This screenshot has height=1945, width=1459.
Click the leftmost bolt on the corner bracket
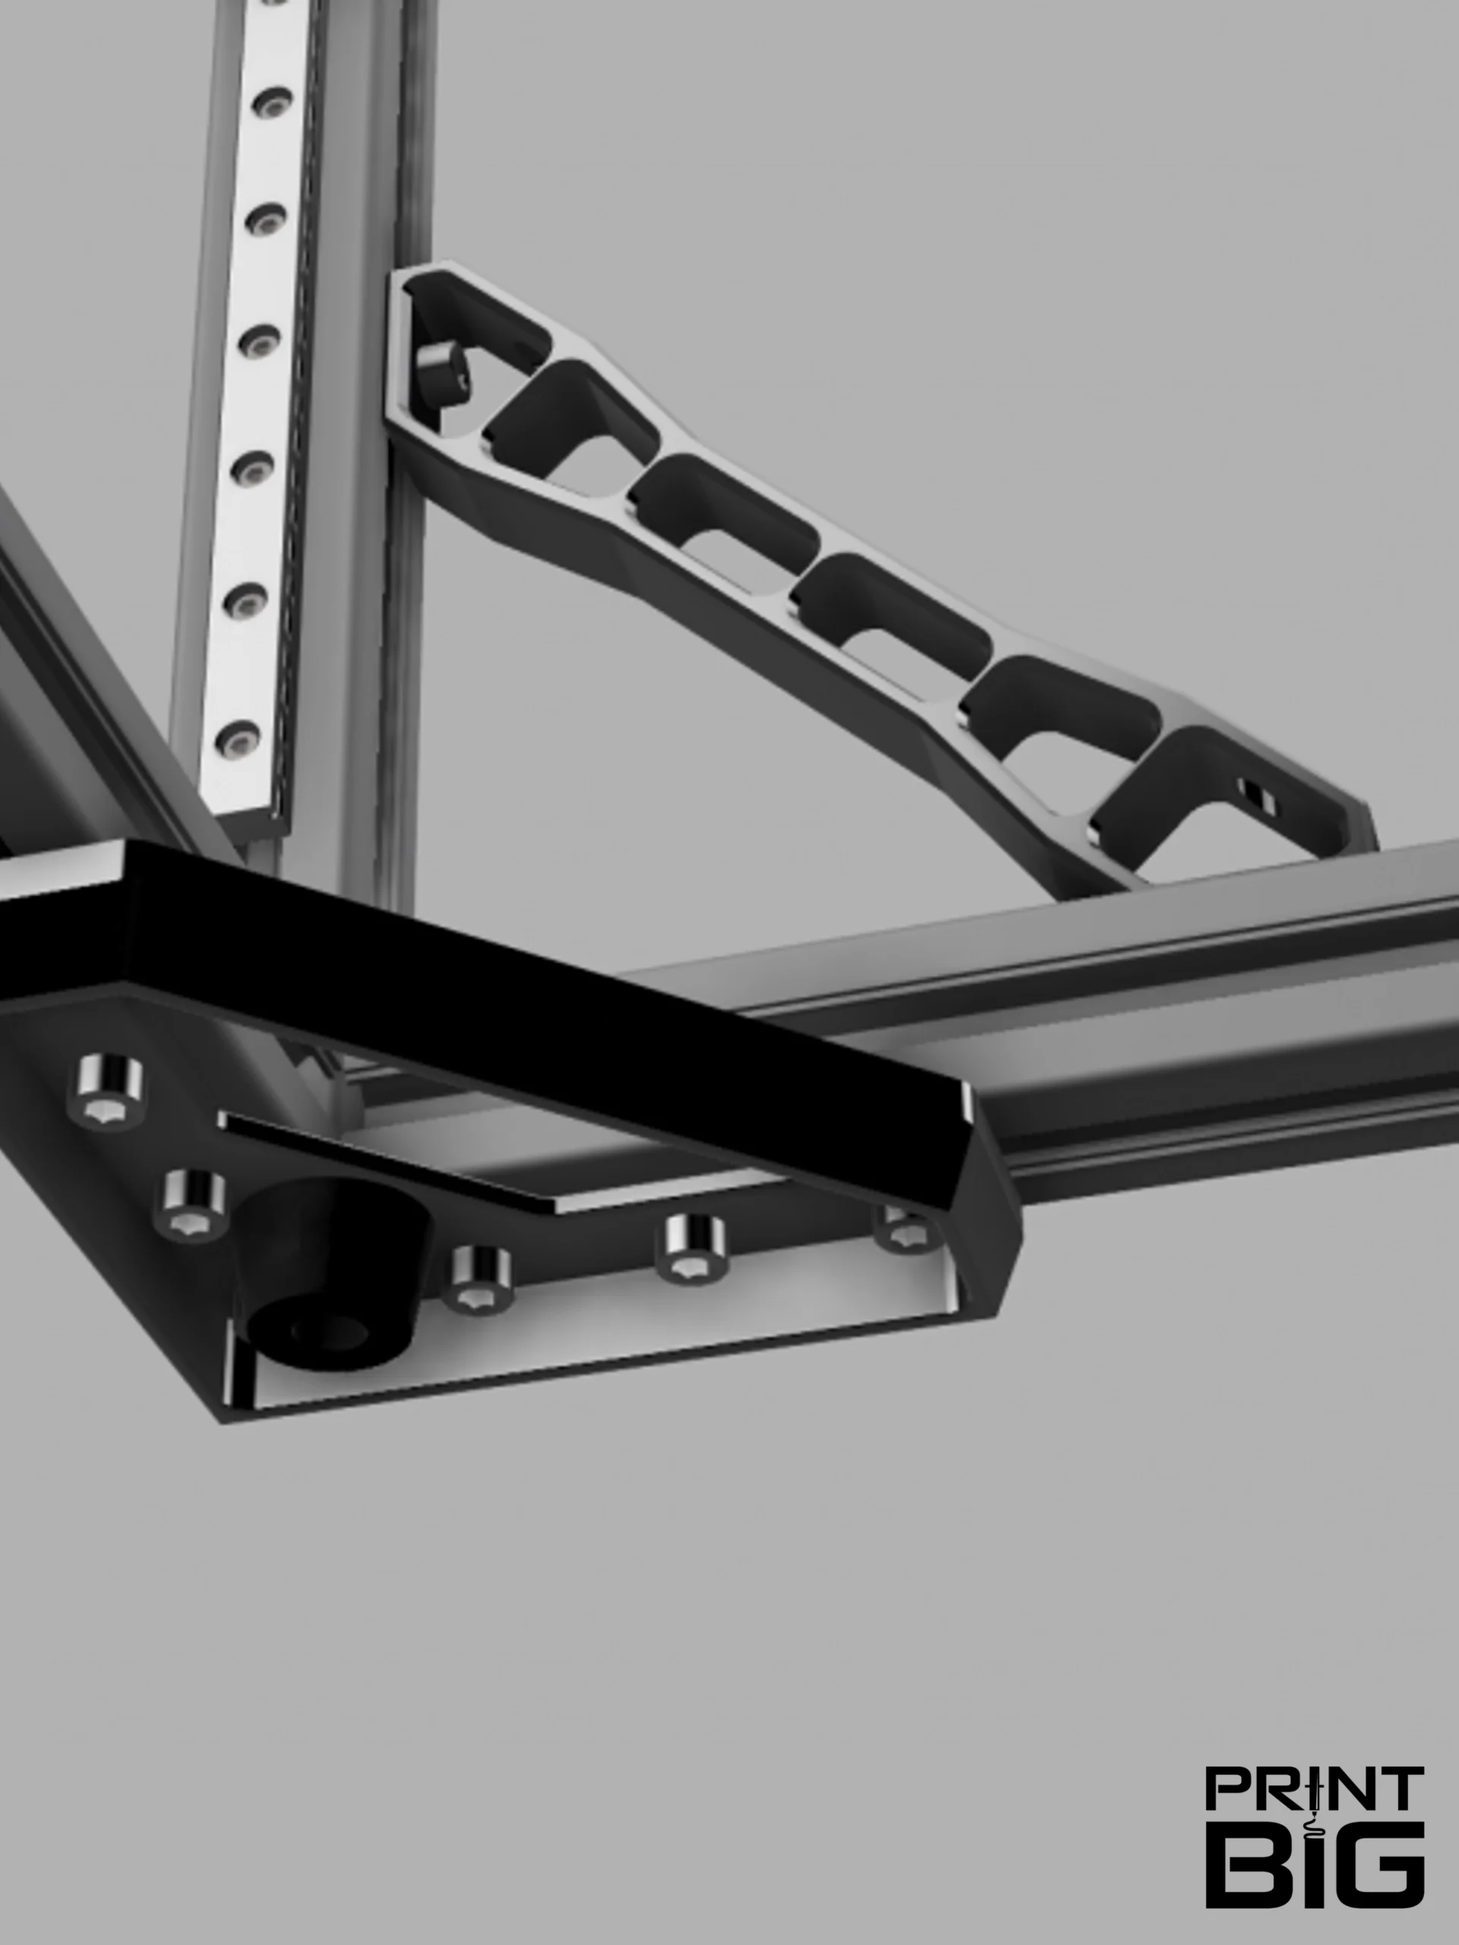pos(110,1091)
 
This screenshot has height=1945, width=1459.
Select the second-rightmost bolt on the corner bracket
pos(695,1247)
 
